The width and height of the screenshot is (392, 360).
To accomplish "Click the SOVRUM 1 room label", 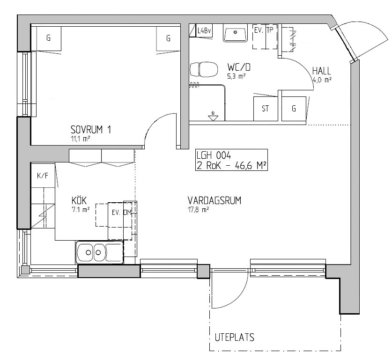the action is (91, 130).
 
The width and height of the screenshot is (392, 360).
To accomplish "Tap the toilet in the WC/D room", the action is (203, 69).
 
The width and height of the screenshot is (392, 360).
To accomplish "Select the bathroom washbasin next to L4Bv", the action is (235, 33).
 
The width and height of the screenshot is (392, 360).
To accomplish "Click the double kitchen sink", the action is (99, 252).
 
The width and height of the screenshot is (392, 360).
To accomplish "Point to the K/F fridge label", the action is (43, 176).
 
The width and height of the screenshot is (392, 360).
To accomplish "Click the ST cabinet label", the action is (266, 109).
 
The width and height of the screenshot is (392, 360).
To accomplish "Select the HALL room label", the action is (321, 71).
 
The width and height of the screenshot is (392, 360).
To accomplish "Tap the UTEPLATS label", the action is (235, 337).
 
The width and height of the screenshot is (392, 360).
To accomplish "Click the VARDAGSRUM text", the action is (214, 201).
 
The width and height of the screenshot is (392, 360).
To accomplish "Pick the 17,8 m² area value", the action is (198, 210).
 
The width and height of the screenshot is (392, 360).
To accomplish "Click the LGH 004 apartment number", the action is (214, 155).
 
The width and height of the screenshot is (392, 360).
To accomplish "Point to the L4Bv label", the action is (205, 31).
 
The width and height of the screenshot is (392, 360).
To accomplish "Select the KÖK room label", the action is (79, 200).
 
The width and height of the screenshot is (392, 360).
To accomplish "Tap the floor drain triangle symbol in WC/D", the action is (213, 118).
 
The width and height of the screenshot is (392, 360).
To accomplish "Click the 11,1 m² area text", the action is (80, 139).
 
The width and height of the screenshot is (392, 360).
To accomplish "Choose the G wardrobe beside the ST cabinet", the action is (294, 109).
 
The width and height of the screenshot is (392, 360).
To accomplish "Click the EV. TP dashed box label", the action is (264, 30).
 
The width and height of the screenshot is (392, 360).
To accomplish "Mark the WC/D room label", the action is (239, 67).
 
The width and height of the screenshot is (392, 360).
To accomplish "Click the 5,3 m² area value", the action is (236, 76).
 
